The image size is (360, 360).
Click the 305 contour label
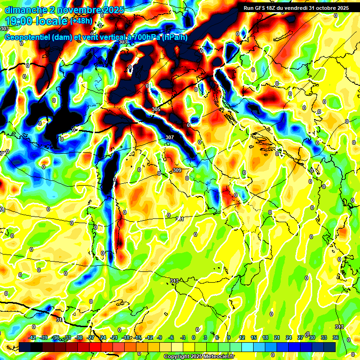[x=156, y=109]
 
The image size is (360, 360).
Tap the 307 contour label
[x=170, y=137]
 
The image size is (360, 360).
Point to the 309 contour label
[x=177, y=170]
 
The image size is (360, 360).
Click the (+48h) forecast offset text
[x=82, y=21]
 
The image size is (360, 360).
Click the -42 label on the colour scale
[x=32, y=337]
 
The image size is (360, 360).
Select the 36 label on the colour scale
[x=336, y=337]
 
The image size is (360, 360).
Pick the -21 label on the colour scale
[x=114, y=337]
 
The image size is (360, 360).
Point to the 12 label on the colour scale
[x=242, y=337]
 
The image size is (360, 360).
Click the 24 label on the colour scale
[x=289, y=337]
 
